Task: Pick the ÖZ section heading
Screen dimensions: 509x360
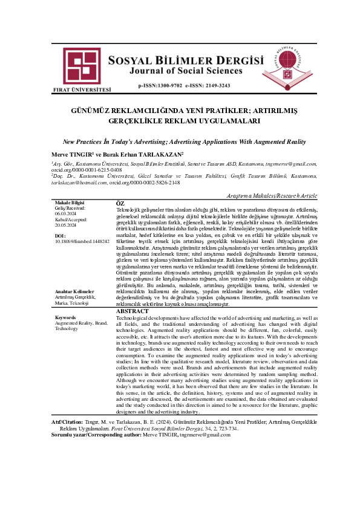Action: click(120, 203)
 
